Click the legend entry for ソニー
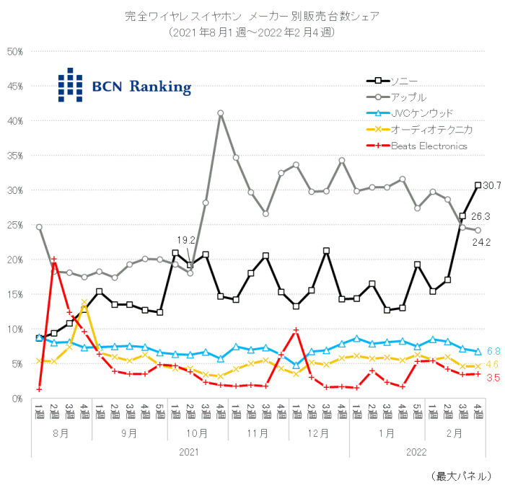coord(403,81)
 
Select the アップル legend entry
coord(408,97)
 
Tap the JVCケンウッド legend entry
coord(422,113)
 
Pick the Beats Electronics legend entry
coord(429,146)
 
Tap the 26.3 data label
coord(480,216)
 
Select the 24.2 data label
coord(480,241)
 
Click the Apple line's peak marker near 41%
coord(220,113)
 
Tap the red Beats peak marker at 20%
coord(54,259)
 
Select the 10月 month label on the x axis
coord(198,434)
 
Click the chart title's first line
coord(252,16)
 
